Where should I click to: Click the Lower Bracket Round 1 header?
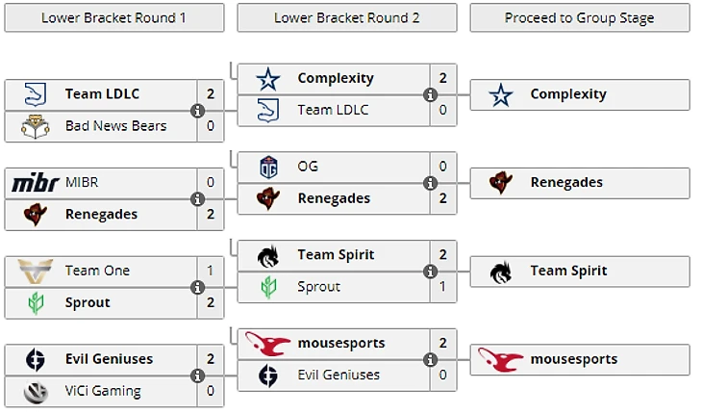coord(114,17)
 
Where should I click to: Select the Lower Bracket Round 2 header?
coord(347,17)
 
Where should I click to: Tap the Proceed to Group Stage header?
coord(579,17)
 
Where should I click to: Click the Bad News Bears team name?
coord(115,125)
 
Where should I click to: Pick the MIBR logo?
coord(35,182)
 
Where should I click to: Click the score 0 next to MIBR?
coord(211,182)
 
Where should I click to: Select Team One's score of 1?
coord(211,271)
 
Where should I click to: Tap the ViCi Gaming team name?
coord(103,391)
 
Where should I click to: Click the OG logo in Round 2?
coord(268,167)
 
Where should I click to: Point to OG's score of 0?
coord(442,167)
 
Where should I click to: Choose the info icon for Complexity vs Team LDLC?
coord(430,94)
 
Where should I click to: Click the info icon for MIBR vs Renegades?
coord(197,198)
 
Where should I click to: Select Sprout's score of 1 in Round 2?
coord(442,286)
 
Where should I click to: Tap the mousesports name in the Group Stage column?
coord(574,359)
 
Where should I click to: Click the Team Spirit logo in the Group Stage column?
coord(500,271)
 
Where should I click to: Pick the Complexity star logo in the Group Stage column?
coord(500,94)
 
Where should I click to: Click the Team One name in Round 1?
coord(97,271)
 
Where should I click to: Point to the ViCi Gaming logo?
coord(35,391)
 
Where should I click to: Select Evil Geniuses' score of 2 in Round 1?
coord(211,359)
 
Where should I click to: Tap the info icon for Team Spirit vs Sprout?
coord(430,271)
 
